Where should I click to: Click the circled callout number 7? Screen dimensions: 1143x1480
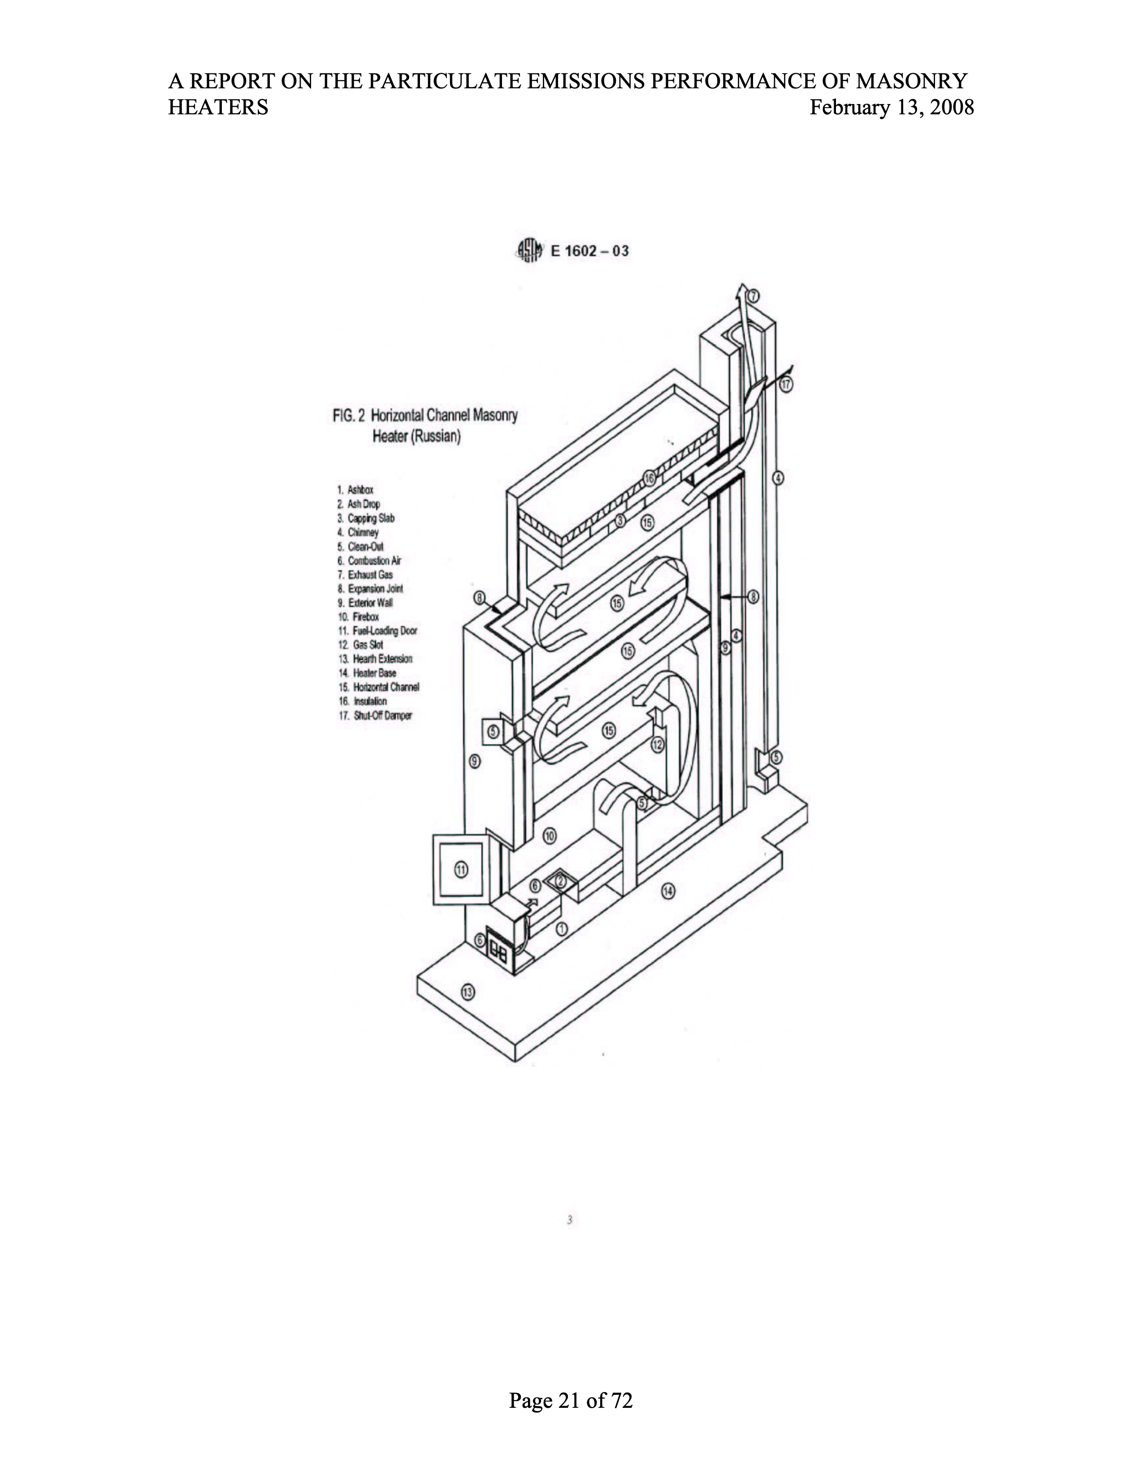[754, 295]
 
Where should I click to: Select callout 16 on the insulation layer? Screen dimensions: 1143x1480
[650, 478]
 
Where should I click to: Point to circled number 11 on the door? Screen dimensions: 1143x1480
[461, 870]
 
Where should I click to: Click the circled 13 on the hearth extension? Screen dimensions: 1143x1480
[468, 992]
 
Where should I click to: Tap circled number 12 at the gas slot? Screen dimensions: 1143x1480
[658, 745]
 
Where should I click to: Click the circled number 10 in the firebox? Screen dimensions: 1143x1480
[550, 836]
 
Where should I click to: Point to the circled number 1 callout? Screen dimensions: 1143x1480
[562, 929]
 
